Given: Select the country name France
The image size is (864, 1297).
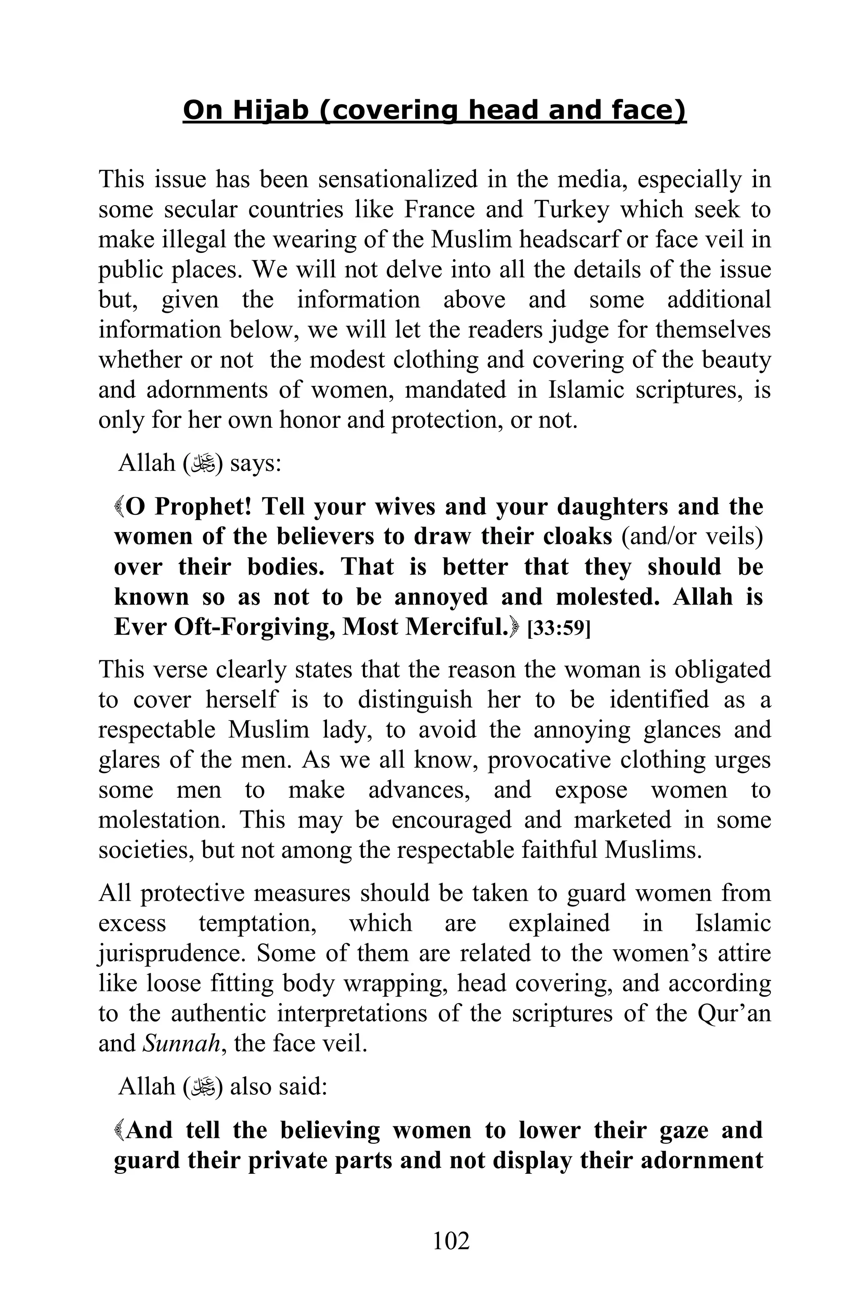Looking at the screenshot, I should coord(439,209).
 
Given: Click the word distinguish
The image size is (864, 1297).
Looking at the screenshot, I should coord(415,700).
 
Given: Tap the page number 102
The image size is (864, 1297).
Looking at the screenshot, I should coord(451,1241).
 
